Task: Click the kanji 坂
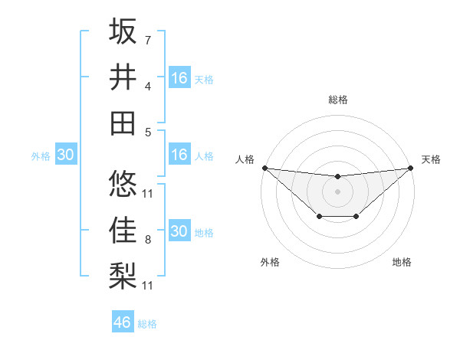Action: pos(123,32)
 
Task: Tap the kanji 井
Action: pos(123,77)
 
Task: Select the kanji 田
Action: pos(123,122)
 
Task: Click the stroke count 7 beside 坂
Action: pos(147,39)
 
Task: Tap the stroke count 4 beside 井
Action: pos(147,86)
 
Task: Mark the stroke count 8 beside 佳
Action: pos(147,240)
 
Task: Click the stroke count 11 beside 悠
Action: pos(148,193)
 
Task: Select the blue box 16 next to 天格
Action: pos(179,78)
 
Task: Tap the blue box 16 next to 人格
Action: pos(179,155)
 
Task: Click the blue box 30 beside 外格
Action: pos(65,155)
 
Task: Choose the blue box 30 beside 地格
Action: pos(179,231)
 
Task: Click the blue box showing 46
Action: pos(123,322)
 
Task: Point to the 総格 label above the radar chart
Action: pos(337,100)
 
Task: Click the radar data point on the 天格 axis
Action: pos(411,168)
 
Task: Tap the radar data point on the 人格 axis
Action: pos(264,168)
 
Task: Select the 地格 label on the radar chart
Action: pos(402,262)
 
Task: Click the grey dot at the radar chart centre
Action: pos(337,191)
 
